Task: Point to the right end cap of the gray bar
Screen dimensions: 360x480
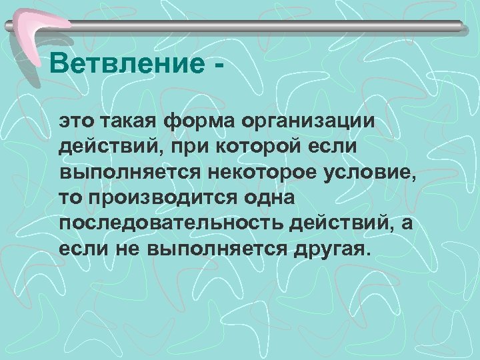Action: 460,26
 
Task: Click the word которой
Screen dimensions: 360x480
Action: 259,148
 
